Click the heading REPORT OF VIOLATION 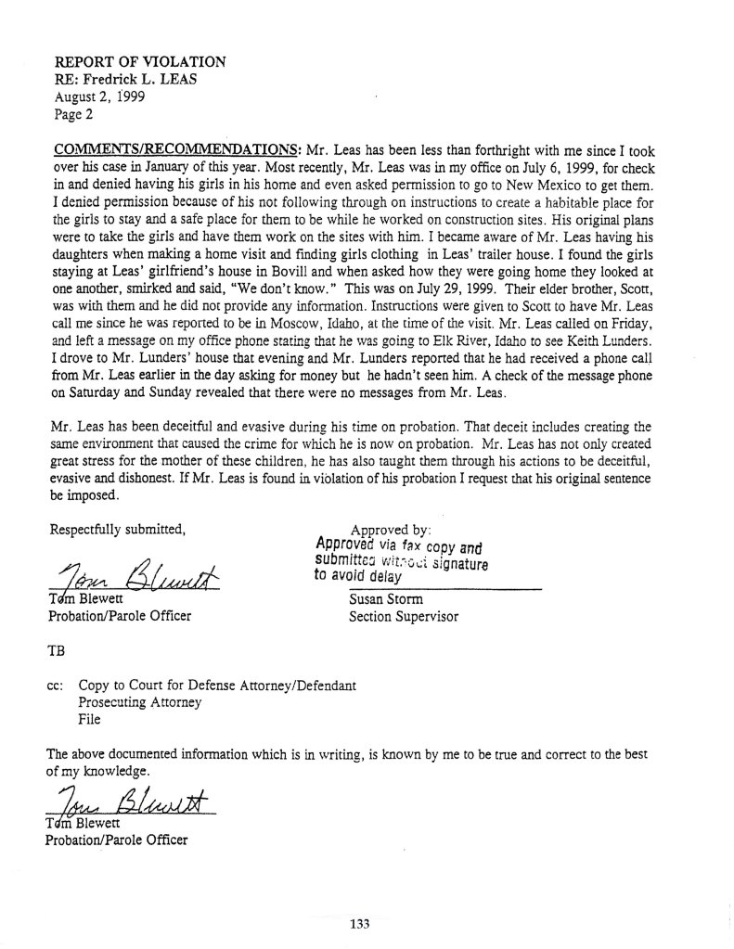click(x=139, y=61)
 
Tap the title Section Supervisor click(x=404, y=615)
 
